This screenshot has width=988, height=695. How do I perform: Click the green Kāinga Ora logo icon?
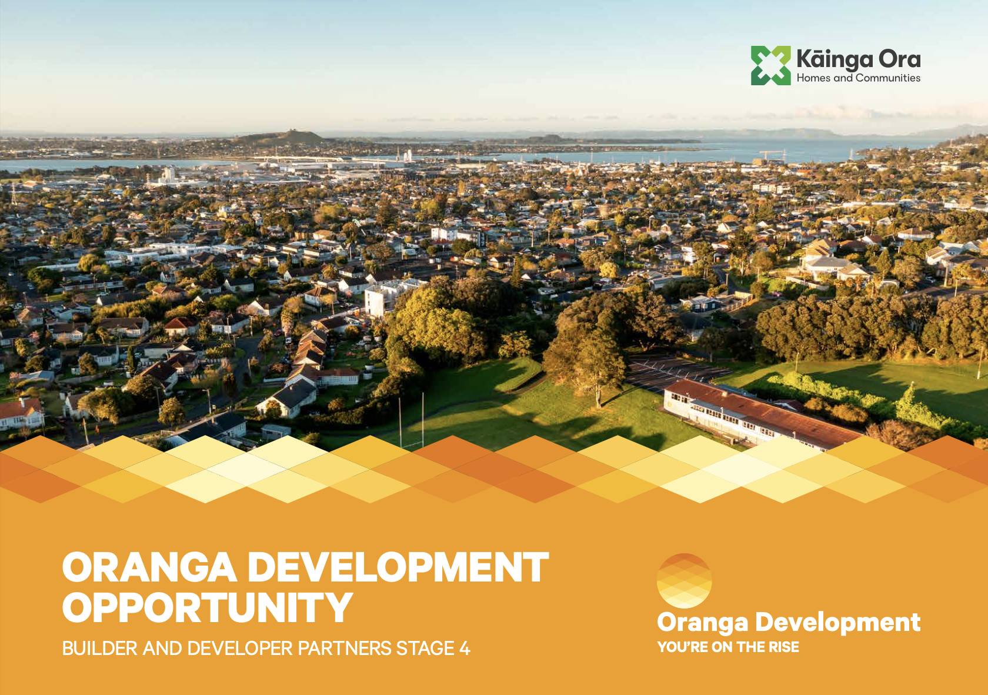tap(771, 65)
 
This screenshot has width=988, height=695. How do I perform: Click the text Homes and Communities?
tap(859, 78)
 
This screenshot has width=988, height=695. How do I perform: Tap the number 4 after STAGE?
tap(465, 648)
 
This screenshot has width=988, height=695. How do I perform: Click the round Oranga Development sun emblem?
tap(684, 581)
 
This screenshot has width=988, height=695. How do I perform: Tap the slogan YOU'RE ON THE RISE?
tap(728, 647)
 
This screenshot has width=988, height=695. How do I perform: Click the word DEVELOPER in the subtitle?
tap(240, 648)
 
